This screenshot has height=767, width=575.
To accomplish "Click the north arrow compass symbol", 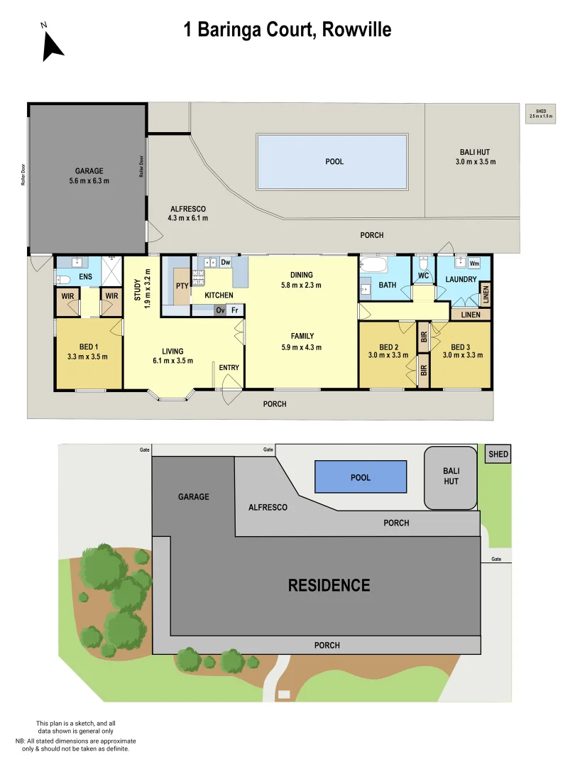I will coord(51,44).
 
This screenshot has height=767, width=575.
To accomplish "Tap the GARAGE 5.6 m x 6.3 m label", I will coord(89,175).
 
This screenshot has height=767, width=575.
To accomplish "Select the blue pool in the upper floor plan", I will coord(332,162).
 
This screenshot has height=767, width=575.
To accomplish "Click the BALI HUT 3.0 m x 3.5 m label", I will coord(474,157).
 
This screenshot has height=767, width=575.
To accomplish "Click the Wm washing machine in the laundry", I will coord(474,263).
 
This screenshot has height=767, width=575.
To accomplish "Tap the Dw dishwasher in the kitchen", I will coord(226,263).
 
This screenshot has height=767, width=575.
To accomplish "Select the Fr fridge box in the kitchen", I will coord(234,310).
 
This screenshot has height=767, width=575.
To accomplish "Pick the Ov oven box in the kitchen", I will coord(220,310).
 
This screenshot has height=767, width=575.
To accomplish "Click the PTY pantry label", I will coord(181,286).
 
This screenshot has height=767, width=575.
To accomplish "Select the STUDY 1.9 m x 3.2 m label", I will coord(143,285).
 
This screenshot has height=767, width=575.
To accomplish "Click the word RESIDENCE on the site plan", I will coord(329,585).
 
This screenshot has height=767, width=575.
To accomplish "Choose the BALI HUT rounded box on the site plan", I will coord(451,477).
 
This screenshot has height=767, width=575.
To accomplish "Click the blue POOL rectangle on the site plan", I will coord(361,477).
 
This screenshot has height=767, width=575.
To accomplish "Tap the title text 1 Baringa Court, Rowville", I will coord(287,30).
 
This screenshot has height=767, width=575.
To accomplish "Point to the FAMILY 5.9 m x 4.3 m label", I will coord(301,342).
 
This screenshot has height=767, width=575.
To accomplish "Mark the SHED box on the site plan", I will coord(498,455).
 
